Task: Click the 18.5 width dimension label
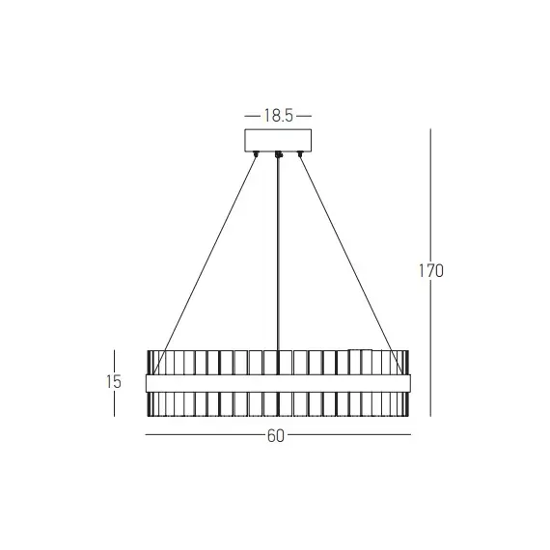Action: click(x=278, y=116)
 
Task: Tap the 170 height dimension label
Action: click(x=430, y=271)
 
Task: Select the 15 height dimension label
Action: click(x=115, y=382)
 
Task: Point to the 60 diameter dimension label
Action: click(x=276, y=436)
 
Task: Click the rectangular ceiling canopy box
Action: click(x=278, y=139)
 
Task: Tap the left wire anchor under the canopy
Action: click(x=257, y=154)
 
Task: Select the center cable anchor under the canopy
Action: click(x=278, y=154)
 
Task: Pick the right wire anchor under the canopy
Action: click(x=299, y=154)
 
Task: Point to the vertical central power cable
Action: click(x=278, y=251)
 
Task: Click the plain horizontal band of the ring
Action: click(x=278, y=383)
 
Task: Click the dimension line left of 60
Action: click(x=203, y=436)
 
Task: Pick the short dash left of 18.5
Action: click(x=253, y=116)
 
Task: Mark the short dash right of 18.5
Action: click(x=303, y=116)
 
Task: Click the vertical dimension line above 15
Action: click(x=115, y=359)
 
